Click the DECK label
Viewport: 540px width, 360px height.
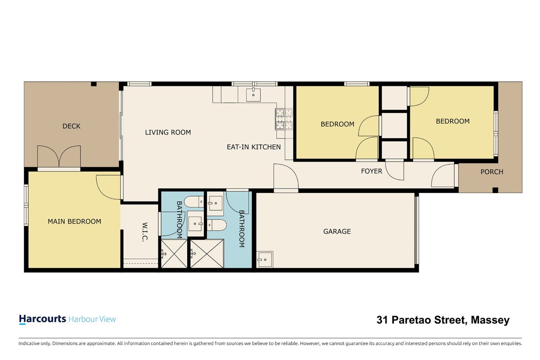pos(72,126)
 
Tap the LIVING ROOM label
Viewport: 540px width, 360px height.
pos(168,132)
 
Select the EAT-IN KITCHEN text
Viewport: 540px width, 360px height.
pos(254,147)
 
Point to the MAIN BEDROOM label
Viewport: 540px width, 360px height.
pos(75,221)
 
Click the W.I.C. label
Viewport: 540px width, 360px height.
pos(144,232)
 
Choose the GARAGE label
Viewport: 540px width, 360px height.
pos(337,231)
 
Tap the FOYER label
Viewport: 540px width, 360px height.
pos(372,171)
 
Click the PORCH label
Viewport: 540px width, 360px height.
pos(492,172)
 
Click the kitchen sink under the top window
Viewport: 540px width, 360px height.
pos(253,95)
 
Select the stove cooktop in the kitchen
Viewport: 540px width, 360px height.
pos(284,120)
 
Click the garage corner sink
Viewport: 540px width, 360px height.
pos(265,260)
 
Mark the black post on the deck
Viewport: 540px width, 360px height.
pos(94,84)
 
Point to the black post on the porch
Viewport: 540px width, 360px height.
pos(495,190)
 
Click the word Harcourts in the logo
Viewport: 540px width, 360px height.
pos(42,319)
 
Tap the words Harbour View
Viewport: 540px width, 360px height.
pos(92,319)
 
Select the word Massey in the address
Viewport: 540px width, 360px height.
pos(490,320)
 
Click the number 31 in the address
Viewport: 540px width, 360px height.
pos(382,320)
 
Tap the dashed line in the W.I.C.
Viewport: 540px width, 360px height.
pos(141,263)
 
